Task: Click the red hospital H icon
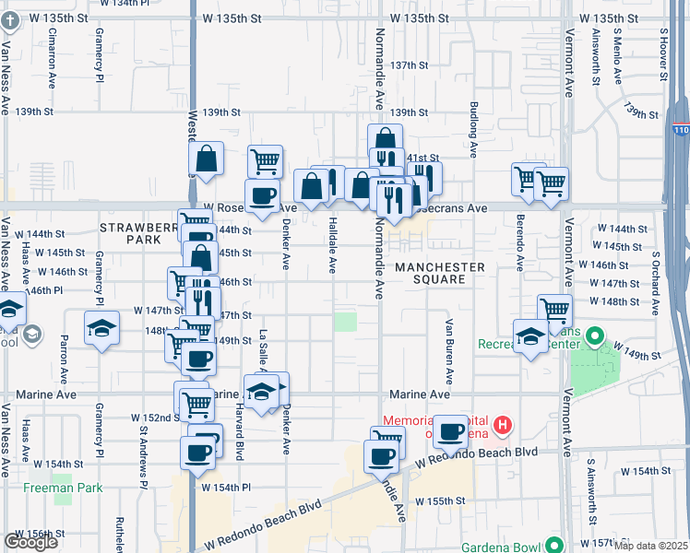[x=503, y=425]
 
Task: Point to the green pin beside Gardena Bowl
[x=553, y=543]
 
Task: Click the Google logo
[x=30, y=542]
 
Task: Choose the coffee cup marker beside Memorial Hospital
[x=451, y=430]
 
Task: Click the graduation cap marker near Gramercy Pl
[x=102, y=328]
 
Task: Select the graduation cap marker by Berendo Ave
[x=530, y=336]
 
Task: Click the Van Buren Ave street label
[x=449, y=351]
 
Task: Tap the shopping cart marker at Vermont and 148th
[x=554, y=311]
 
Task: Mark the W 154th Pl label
[x=225, y=487]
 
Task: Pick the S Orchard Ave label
[x=657, y=276]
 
